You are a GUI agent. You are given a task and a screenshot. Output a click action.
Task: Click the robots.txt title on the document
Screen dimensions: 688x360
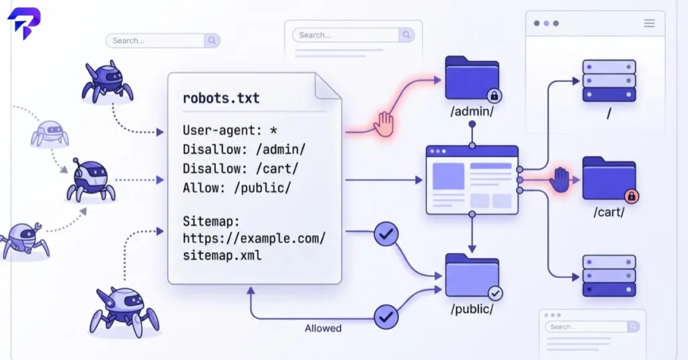tap(221, 98)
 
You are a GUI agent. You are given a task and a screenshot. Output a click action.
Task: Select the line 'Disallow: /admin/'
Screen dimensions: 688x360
tap(244, 150)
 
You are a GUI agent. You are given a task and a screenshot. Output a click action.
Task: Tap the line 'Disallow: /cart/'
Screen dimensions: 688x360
tap(241, 169)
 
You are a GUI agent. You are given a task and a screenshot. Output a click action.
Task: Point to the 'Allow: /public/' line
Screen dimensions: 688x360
tap(237, 187)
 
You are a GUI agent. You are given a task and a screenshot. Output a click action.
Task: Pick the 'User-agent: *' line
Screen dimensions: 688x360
tap(230, 130)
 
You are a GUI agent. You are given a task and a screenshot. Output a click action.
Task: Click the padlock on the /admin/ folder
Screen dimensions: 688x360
tap(494, 95)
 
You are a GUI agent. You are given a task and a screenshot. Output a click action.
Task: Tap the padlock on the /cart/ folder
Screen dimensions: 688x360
tap(632, 196)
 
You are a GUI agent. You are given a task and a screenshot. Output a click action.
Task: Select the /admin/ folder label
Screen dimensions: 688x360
tap(472, 111)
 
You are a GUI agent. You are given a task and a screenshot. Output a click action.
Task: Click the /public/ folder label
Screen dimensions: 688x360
tap(472, 309)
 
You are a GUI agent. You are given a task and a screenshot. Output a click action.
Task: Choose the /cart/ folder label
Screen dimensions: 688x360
tap(609, 212)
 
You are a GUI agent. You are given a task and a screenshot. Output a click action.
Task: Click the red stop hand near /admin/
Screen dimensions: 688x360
tap(384, 124)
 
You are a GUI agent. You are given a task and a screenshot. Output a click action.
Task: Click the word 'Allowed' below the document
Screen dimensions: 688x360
tap(323, 328)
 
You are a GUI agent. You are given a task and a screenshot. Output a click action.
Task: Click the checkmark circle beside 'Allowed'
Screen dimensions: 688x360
tap(386, 316)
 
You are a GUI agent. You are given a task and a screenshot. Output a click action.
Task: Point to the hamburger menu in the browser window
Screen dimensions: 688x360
tap(650, 24)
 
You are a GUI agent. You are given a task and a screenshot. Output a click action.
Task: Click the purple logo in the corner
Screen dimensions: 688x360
tap(24, 24)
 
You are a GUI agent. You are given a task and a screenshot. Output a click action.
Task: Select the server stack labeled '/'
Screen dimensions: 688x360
tap(609, 81)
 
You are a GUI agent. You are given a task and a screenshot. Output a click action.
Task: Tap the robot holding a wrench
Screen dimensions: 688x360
tap(25, 240)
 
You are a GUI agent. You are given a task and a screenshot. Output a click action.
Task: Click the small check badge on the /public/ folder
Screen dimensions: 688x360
tap(495, 294)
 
